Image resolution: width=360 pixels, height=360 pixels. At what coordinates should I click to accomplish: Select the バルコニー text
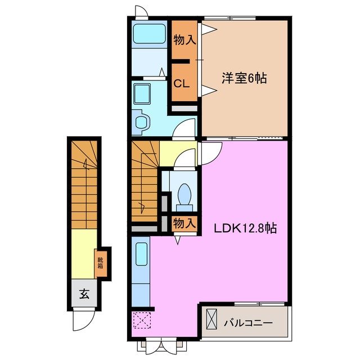click(x=247, y=323)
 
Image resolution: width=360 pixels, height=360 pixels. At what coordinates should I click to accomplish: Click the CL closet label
click(x=181, y=84)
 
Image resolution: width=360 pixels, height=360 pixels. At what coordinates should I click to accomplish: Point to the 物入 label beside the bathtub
click(x=184, y=40)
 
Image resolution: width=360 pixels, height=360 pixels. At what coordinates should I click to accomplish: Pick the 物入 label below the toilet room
click(x=184, y=223)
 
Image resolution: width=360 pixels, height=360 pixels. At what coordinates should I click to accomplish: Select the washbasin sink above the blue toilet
click(x=142, y=93)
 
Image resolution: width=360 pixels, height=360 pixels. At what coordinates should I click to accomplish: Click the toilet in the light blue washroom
click(x=142, y=120)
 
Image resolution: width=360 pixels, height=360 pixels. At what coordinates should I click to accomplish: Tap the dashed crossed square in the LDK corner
click(x=141, y=321)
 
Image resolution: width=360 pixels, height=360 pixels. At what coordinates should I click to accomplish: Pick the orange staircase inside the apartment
click(x=145, y=183)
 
